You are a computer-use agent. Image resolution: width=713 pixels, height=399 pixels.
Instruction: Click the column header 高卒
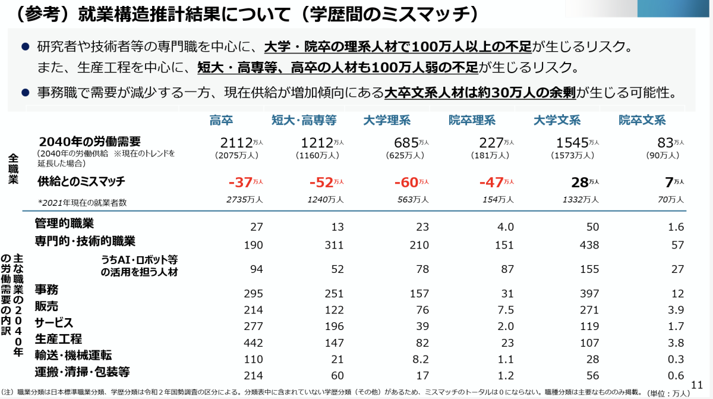222,121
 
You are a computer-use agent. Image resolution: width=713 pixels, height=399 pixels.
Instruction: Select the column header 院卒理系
472,121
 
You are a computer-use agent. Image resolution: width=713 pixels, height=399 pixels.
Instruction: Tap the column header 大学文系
557,121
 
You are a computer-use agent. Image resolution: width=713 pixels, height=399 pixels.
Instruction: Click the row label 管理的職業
64,224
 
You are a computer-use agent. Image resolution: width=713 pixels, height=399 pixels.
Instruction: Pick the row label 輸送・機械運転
73,355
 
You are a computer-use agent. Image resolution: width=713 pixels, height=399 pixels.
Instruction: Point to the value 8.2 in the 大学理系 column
421,359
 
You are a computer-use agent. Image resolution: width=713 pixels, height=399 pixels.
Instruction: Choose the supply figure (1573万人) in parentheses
572,155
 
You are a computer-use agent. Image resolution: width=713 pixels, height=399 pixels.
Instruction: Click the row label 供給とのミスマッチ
81,181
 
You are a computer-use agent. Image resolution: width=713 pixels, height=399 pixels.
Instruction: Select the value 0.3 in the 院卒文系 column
676,359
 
